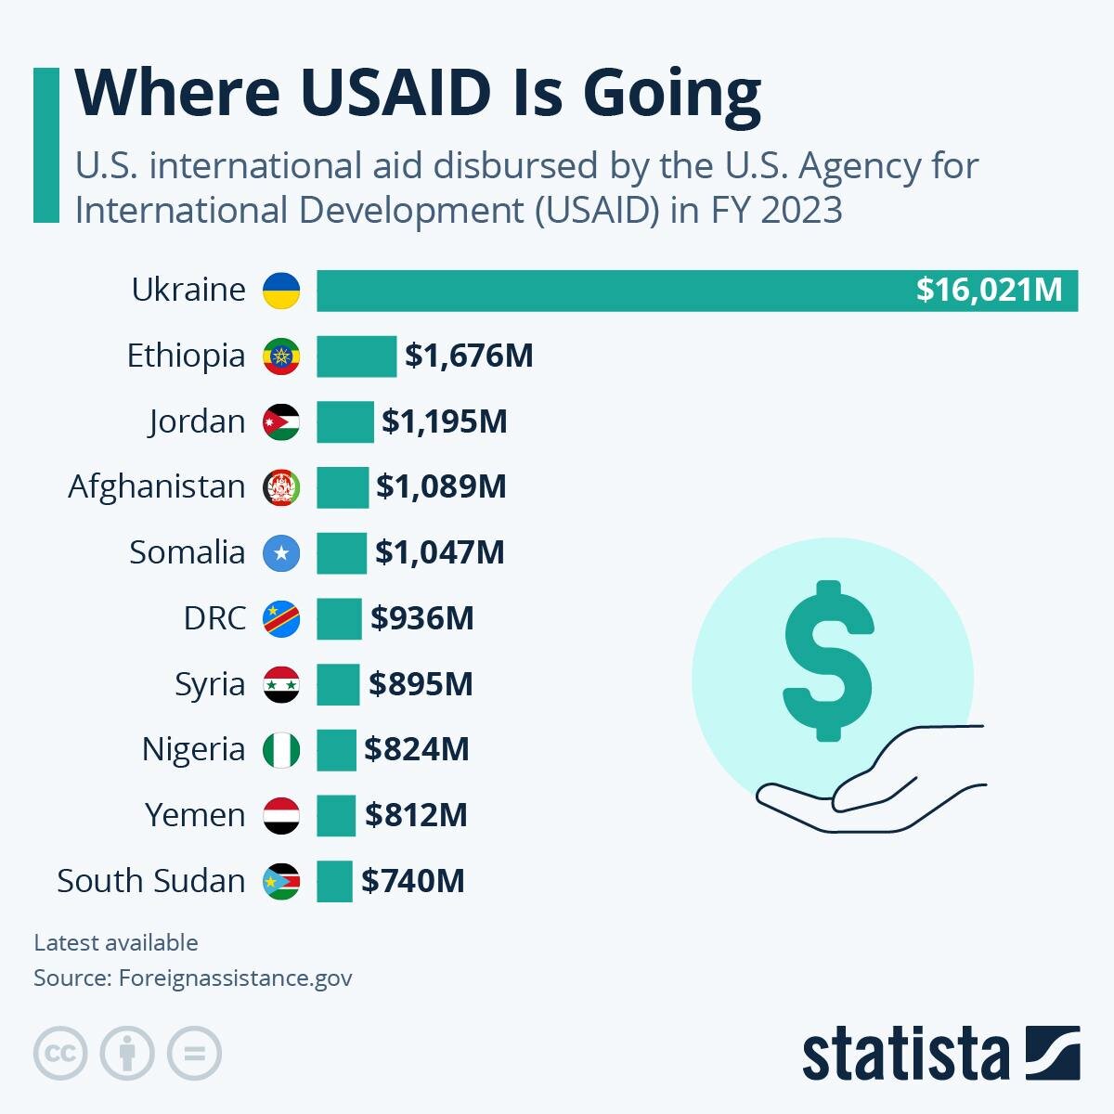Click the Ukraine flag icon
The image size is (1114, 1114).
(281, 291)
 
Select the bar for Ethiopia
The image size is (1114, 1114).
(356, 356)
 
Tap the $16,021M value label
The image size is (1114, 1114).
(989, 290)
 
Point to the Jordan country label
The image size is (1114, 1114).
(197, 421)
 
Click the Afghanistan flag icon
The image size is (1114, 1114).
(281, 487)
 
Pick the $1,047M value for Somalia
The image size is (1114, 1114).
(440, 552)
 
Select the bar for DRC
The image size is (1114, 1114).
(339, 618)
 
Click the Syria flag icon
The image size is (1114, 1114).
(281, 684)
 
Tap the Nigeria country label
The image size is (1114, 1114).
(193, 749)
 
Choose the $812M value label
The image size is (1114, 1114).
(416, 815)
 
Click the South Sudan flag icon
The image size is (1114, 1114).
(281, 881)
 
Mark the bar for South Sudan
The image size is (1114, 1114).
(334, 881)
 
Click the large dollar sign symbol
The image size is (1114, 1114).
(828, 661)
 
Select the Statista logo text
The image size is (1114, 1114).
(905, 1055)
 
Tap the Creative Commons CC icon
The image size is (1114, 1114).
(60, 1054)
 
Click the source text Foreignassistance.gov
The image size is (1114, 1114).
(235, 978)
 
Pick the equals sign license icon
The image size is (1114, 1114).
(194, 1054)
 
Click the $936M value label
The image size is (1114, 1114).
(422, 618)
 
